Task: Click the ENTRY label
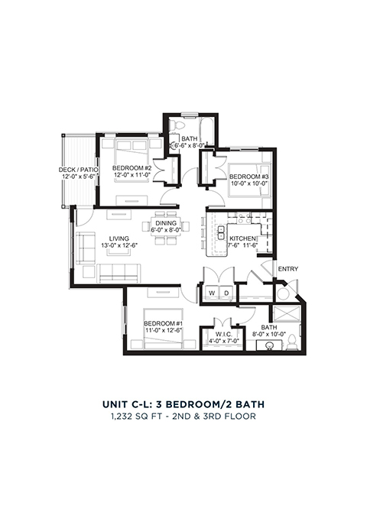[x=288, y=269]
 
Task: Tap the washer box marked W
[x=212, y=293]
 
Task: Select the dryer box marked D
[x=226, y=293]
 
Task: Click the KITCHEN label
[x=242, y=238]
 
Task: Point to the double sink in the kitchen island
[x=221, y=232]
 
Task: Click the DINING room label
[x=166, y=223]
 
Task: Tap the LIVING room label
[x=119, y=238]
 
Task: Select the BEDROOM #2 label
[x=132, y=168]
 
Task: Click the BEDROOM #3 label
[x=248, y=177]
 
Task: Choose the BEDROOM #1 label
[x=163, y=323]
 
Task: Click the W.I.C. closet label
[x=224, y=335]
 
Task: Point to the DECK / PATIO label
[x=79, y=170]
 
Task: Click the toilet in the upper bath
[x=178, y=123]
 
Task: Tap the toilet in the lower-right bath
[x=292, y=342]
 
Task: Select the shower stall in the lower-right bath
[x=286, y=314]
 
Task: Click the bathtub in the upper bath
[x=206, y=131]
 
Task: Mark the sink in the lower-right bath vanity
[x=270, y=345]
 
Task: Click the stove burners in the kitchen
[x=244, y=218]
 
